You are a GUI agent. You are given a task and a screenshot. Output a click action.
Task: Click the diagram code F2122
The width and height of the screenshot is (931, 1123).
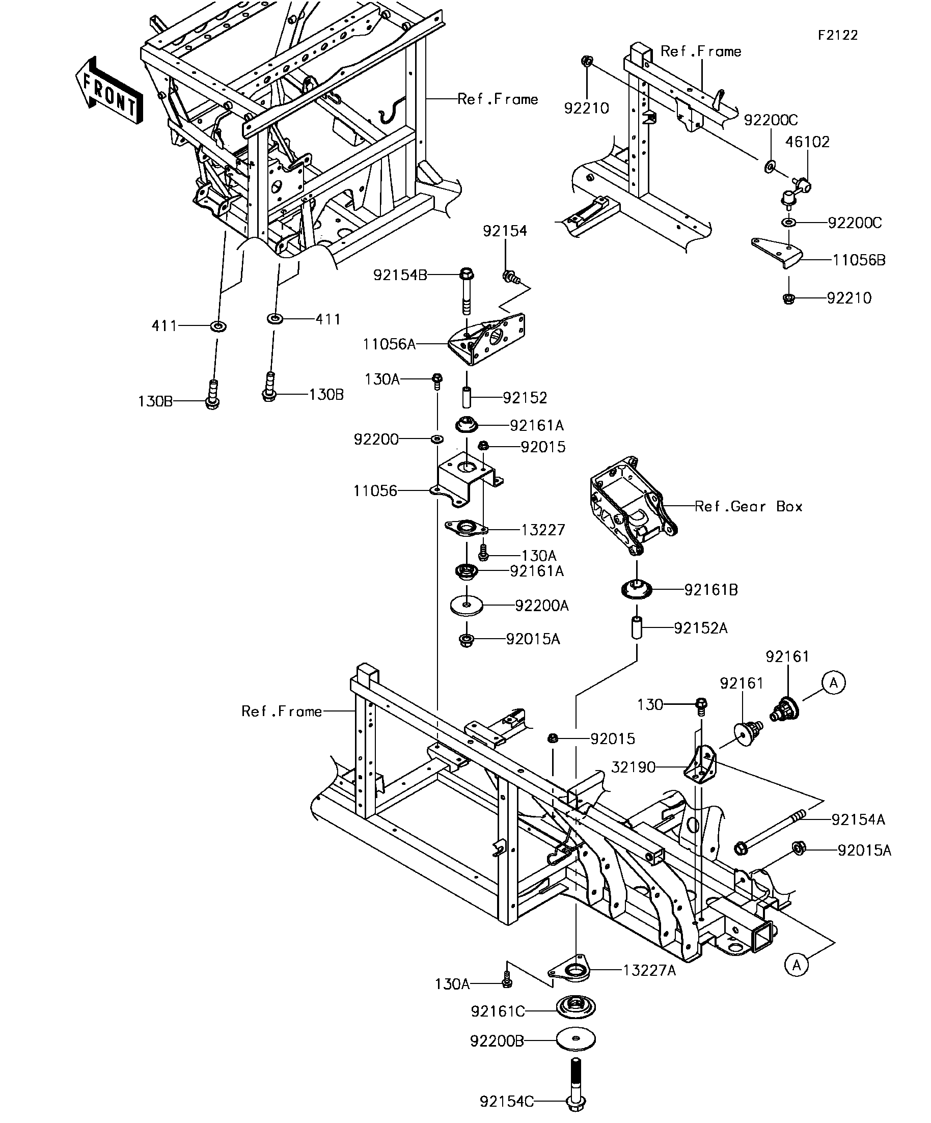point(838,35)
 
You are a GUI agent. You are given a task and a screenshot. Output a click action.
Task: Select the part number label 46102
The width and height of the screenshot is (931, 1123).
point(807,142)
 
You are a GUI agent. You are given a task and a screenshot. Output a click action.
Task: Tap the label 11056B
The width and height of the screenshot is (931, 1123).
point(859,260)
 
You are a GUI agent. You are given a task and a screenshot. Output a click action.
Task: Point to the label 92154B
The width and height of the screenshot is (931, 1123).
point(400,276)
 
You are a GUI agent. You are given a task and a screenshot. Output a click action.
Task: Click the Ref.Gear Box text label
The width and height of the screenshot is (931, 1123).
point(749,506)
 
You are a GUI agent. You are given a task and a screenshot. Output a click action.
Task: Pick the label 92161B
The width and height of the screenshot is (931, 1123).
point(711,590)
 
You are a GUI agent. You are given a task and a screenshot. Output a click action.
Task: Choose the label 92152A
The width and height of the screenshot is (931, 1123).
point(700,628)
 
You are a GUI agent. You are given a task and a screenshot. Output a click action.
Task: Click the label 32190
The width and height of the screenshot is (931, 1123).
point(633,768)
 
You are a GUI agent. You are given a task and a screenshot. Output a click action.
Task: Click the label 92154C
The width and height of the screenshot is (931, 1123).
point(506,1112)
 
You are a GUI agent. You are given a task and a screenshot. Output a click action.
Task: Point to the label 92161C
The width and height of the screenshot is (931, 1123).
point(497,1011)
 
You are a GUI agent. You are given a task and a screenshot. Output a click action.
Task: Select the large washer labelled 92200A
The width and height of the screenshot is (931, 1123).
point(467,606)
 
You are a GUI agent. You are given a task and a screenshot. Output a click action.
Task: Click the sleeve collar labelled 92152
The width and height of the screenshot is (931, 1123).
point(467,398)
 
